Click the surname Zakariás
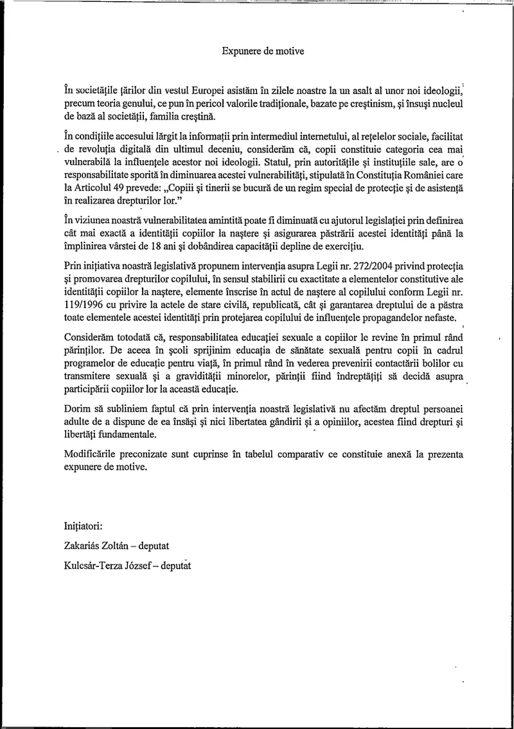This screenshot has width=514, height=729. click(x=85, y=545)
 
